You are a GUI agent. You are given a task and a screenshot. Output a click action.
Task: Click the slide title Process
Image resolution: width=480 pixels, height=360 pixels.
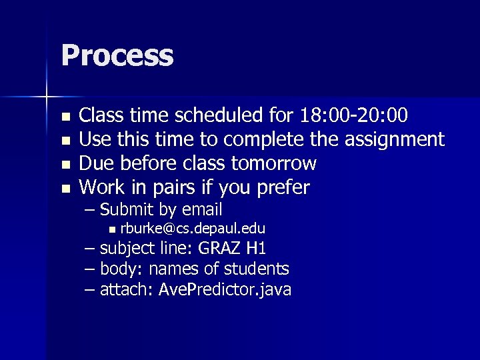pyautogui.click(x=117, y=55)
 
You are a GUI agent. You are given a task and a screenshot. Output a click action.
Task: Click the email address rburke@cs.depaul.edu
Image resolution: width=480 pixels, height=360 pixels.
pyautogui.click(x=193, y=229)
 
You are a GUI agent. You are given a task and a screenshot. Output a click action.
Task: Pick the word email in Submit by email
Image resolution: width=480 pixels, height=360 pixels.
pyautogui.click(x=201, y=209)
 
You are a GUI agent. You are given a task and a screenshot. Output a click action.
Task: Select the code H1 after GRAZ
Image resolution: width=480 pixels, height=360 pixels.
pyautogui.click(x=256, y=249)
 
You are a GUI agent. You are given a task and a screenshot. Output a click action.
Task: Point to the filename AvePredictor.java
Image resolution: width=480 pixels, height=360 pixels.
pyautogui.click(x=225, y=289)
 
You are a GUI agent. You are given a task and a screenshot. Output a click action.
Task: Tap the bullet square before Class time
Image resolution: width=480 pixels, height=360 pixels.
pyautogui.click(x=65, y=118)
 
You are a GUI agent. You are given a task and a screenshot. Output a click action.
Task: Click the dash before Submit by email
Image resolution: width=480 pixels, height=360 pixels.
pyautogui.click(x=90, y=210)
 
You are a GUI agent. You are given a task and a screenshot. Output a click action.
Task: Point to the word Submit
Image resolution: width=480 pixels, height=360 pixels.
pyautogui.click(x=127, y=209)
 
